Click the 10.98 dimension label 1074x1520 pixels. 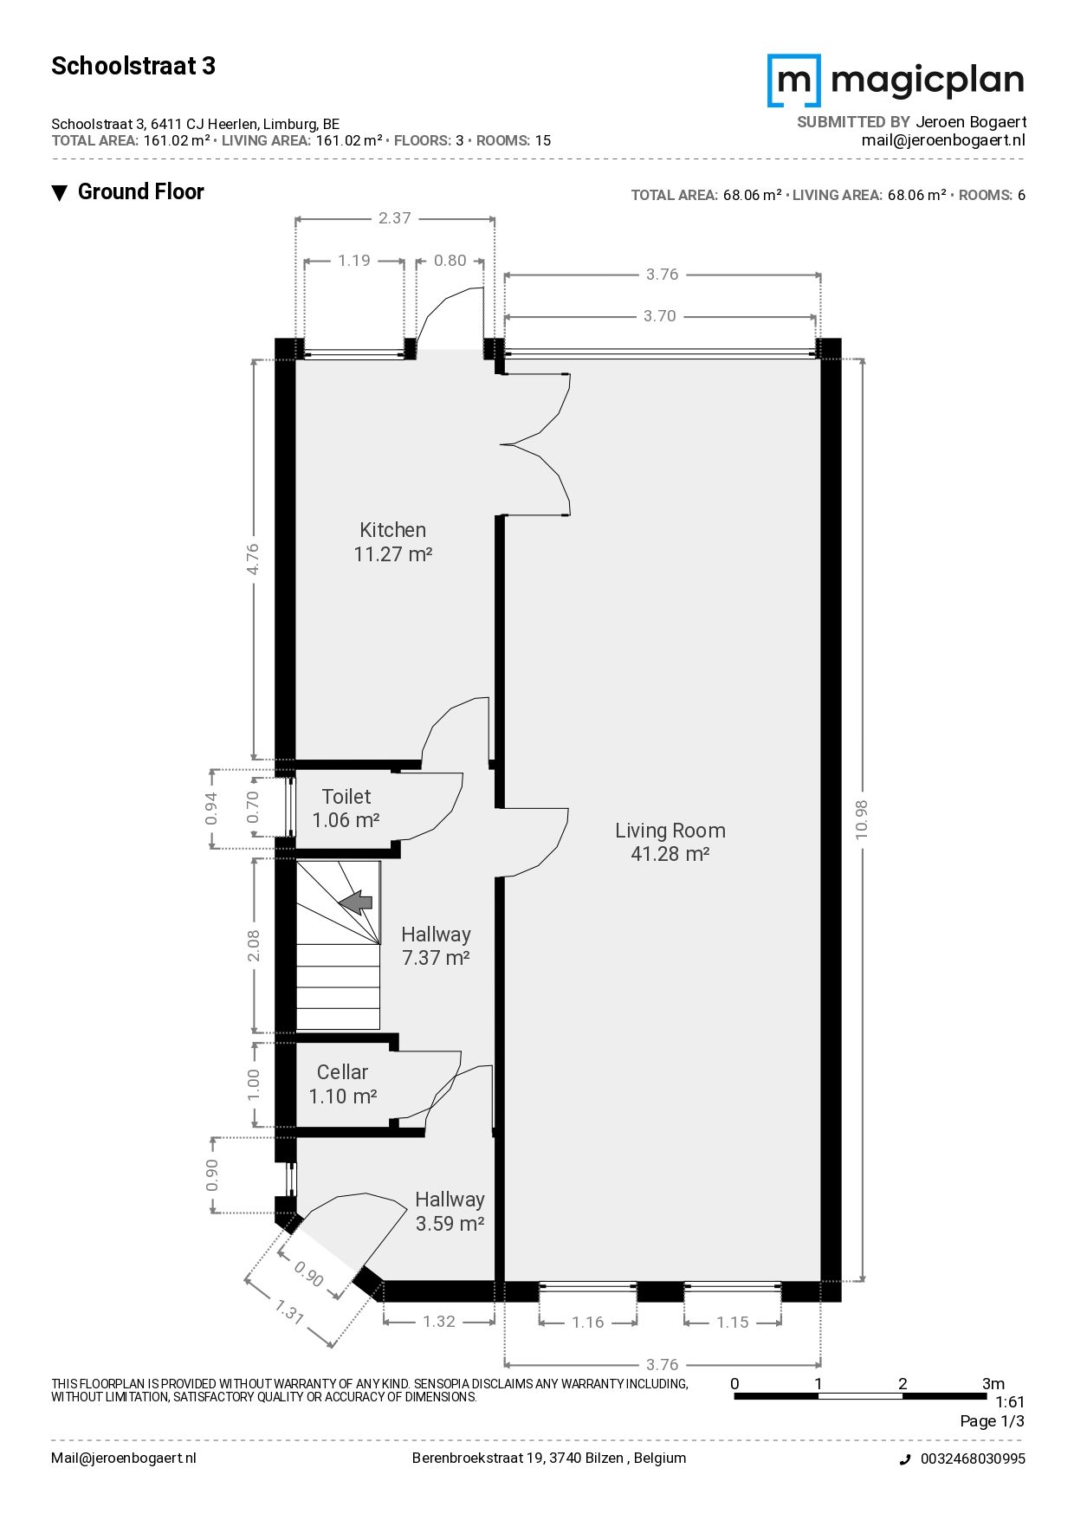click(x=861, y=818)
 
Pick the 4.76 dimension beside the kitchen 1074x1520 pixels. click(x=252, y=559)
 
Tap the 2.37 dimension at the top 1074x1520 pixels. click(x=394, y=218)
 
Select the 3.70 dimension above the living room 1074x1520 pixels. click(x=659, y=316)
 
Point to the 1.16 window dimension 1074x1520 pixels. click(x=588, y=1322)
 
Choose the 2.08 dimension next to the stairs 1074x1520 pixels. click(x=253, y=946)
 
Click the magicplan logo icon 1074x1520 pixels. click(x=793, y=81)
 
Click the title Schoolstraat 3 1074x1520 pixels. click(x=133, y=66)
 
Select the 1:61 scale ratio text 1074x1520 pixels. click(x=1010, y=1402)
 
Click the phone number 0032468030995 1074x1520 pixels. click(x=973, y=1459)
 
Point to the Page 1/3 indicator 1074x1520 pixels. click(x=992, y=1421)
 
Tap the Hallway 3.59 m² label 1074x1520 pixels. click(x=450, y=1212)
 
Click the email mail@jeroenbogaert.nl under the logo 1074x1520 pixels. click(x=943, y=140)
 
